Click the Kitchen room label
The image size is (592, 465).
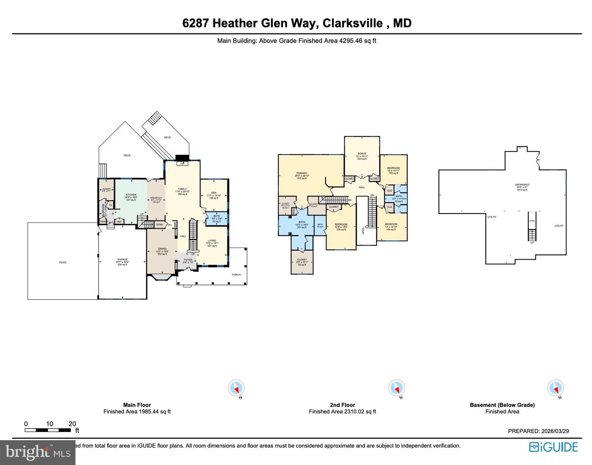tap(131, 195)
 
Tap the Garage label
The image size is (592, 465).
tap(122, 260)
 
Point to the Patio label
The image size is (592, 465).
tap(63, 262)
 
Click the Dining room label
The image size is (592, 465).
tap(162, 249)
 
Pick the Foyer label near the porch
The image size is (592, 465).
tap(188, 260)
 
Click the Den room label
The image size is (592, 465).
tap(214, 193)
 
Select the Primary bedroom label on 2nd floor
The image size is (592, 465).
tap(302, 173)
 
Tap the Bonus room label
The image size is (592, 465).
tap(362, 154)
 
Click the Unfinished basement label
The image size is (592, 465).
tap(522, 185)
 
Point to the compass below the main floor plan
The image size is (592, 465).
tap(236, 388)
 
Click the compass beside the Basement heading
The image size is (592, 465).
tap(555, 388)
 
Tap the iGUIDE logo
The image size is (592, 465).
tap(554, 447)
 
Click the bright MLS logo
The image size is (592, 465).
tap(38, 452)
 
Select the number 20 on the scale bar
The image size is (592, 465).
tap(72, 424)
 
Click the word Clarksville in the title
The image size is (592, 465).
tap(353, 23)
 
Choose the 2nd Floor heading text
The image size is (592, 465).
tap(342, 405)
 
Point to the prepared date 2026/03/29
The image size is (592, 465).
tap(555, 431)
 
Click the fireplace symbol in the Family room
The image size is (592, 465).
tap(182, 163)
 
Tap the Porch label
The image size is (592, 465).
tap(236, 275)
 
